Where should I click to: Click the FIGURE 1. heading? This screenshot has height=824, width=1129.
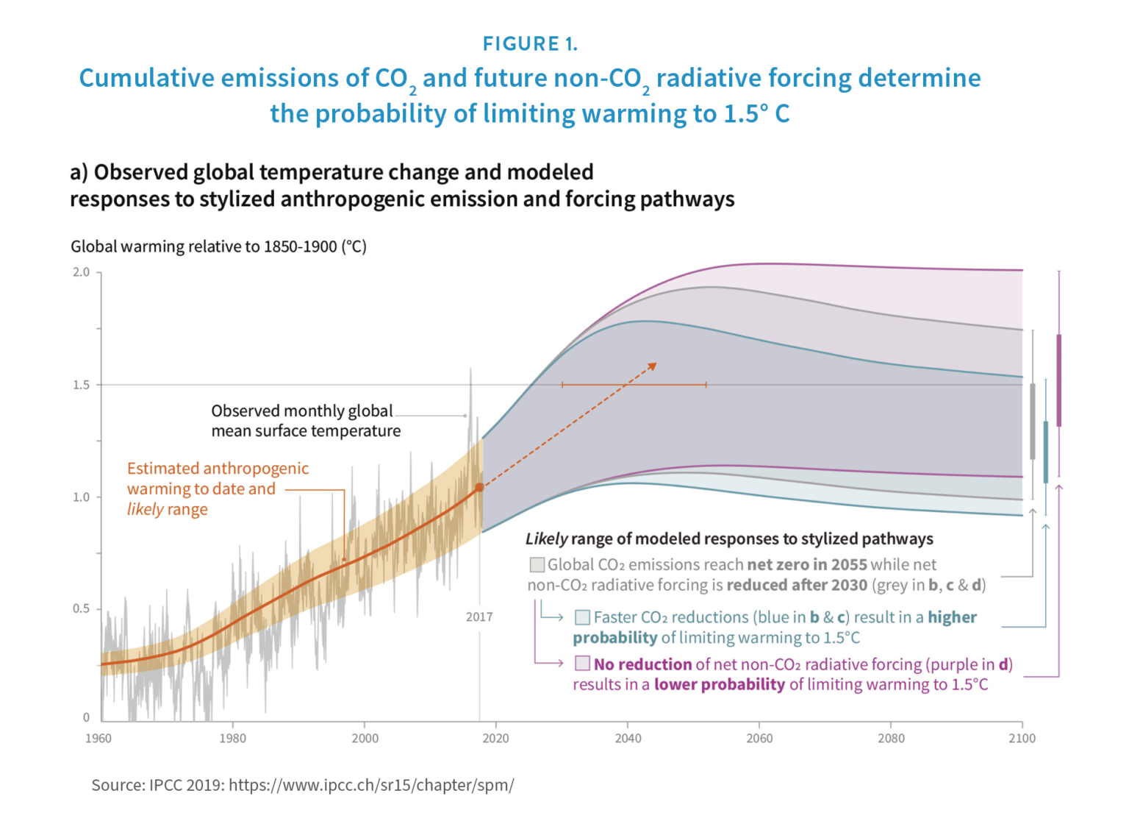pyautogui.click(x=530, y=44)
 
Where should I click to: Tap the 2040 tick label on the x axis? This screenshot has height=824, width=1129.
pyautogui.click(x=628, y=738)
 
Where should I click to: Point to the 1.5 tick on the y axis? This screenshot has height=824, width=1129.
pyautogui.click(x=81, y=385)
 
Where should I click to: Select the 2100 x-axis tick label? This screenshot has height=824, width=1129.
pyautogui.click(x=1022, y=738)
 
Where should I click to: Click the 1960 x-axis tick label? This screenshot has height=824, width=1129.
pyautogui.click(x=98, y=738)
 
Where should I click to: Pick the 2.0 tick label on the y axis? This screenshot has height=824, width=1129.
pyautogui.click(x=81, y=272)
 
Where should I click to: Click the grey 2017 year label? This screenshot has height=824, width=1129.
pyautogui.click(x=479, y=617)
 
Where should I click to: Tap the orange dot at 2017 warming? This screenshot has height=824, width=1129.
pyautogui.click(x=479, y=487)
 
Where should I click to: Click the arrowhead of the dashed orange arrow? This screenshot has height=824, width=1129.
pyautogui.click(x=652, y=366)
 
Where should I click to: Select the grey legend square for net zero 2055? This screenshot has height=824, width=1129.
pyautogui.click(x=537, y=564)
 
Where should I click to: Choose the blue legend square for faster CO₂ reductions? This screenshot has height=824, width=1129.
pyautogui.click(x=583, y=617)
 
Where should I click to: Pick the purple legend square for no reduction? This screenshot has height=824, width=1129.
pyautogui.click(x=583, y=664)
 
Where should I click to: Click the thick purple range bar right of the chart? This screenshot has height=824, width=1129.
pyautogui.click(x=1059, y=380)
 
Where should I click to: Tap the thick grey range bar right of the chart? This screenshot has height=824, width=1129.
pyautogui.click(x=1033, y=421)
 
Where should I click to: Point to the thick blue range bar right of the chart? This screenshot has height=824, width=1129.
pyautogui.click(x=1046, y=452)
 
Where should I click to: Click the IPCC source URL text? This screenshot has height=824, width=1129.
pyautogui.click(x=371, y=785)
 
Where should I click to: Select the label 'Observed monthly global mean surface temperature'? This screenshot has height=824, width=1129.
pyautogui.click(x=305, y=421)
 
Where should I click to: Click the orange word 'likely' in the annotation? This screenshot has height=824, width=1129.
pyautogui.click(x=145, y=509)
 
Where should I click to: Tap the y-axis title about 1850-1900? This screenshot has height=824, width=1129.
pyautogui.click(x=218, y=246)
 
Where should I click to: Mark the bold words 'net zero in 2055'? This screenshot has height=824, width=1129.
pyautogui.click(x=807, y=564)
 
